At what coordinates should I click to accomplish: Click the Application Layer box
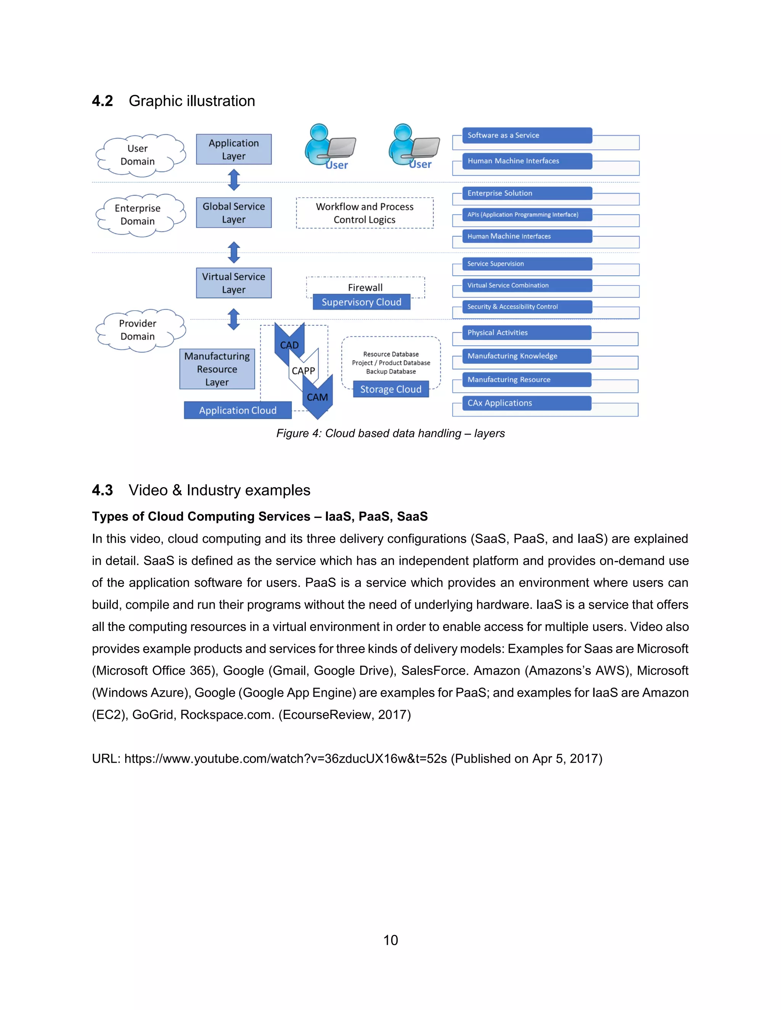pos(234,149)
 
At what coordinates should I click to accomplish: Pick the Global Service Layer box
pos(234,213)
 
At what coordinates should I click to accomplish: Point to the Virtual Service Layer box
pos(234,283)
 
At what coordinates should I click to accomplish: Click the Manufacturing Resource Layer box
pos(217,369)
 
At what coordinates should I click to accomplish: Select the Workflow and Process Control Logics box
pos(365,213)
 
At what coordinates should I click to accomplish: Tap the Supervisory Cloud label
pos(362,302)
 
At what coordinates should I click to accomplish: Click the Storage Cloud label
pos(390,390)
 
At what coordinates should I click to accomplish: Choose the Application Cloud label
pos(238,410)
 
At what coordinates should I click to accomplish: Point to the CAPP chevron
pos(304,370)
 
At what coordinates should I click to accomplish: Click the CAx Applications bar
pos(527,403)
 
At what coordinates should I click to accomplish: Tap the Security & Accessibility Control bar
pos(527,306)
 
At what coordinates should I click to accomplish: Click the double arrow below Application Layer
pos(234,180)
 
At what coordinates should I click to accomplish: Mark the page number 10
pos(390,940)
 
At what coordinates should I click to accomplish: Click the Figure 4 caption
pos(390,433)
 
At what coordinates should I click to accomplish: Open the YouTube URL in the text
pos(286,759)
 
